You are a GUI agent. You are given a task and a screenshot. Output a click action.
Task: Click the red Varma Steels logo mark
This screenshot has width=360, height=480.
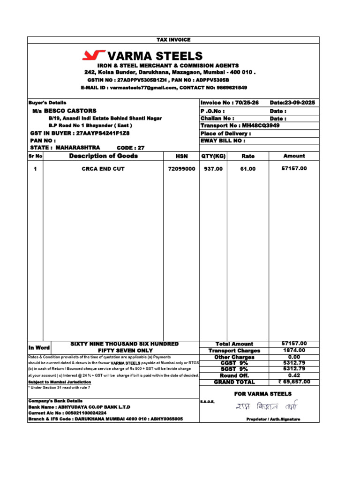tap(93, 56)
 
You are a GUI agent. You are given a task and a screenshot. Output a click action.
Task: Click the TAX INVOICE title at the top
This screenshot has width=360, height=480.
tap(173, 40)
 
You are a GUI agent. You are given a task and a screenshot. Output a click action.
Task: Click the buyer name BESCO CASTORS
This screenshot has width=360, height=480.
tap(70, 111)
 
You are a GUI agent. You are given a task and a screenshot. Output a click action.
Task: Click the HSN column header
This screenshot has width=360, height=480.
tap(181, 156)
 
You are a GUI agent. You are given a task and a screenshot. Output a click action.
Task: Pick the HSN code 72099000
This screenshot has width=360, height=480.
tap(181, 169)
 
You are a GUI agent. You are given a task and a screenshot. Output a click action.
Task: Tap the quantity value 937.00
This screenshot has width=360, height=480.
tap(213, 169)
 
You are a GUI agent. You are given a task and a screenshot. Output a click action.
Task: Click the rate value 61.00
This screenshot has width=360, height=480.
tap(248, 169)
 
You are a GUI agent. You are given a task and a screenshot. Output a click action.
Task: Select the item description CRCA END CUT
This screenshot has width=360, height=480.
tap(103, 169)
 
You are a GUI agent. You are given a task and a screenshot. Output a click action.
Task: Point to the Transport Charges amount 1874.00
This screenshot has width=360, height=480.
tap(294, 350)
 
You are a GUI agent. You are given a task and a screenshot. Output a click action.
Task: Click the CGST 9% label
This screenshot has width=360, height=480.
tap(234, 363)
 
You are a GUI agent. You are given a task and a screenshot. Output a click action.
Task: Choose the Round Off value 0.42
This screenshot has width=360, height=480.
tap(294, 375)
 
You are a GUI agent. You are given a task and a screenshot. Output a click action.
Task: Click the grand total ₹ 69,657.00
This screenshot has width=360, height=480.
tap(294, 382)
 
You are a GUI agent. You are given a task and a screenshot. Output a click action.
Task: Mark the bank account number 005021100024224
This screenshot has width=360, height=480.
tap(86, 413)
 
